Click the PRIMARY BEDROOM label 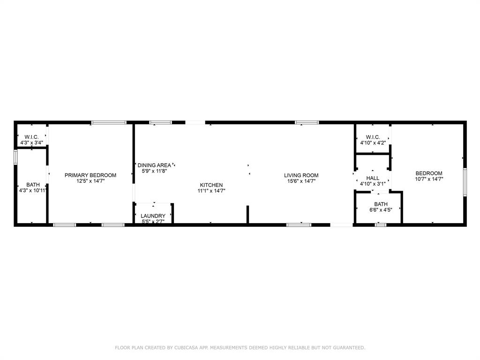tap(90, 175)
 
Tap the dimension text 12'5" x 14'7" tap(90, 181)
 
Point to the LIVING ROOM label tap(301, 175)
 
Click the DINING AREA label tap(154, 165)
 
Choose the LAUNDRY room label tap(153, 216)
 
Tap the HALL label tap(373, 178)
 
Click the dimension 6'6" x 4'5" tap(380, 210)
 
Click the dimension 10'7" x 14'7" tap(429, 179)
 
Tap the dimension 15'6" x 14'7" tap(301, 181)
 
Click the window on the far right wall tap(465, 181)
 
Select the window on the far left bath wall tap(15, 157)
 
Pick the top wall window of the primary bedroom tap(109, 122)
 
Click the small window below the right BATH tap(381, 225)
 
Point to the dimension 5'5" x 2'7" tap(153, 221)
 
